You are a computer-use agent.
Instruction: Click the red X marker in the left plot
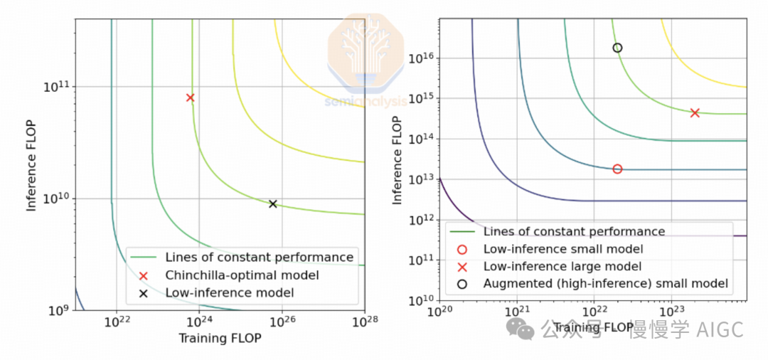point(190,97)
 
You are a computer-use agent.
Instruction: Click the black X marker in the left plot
point(272,204)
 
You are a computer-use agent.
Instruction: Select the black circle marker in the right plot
point(617,48)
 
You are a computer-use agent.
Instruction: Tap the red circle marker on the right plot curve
point(617,169)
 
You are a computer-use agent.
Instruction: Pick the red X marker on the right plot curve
point(695,112)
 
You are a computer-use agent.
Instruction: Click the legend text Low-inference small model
point(562,249)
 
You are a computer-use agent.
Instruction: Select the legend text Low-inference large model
point(562,266)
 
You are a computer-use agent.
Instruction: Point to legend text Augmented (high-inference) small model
point(605,283)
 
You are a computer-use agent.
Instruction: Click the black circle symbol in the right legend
point(462,283)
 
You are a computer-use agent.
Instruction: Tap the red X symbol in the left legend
point(143,275)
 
